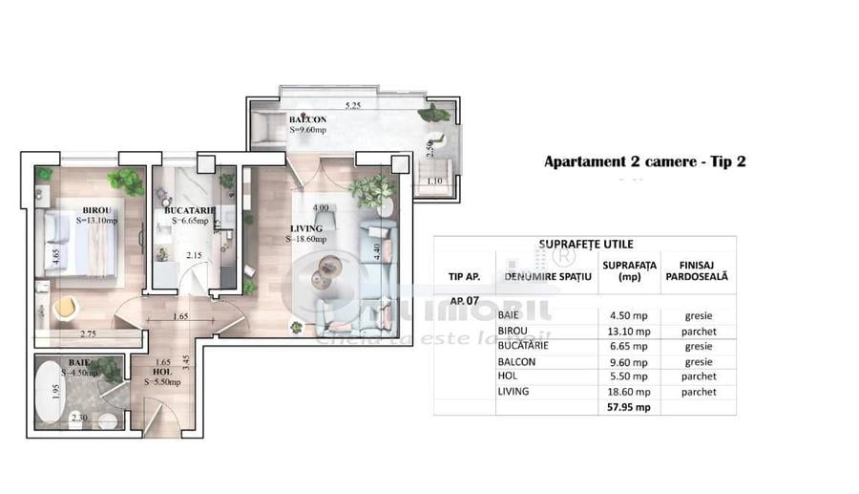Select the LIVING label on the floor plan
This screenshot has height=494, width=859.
point(306,229)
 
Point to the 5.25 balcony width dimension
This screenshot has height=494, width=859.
point(356,105)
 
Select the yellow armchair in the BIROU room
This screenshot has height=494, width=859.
point(63,308)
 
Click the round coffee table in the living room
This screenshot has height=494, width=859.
point(325,277)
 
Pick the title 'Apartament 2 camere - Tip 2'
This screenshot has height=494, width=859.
point(644,161)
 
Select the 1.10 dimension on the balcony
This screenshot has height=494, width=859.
point(435,181)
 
